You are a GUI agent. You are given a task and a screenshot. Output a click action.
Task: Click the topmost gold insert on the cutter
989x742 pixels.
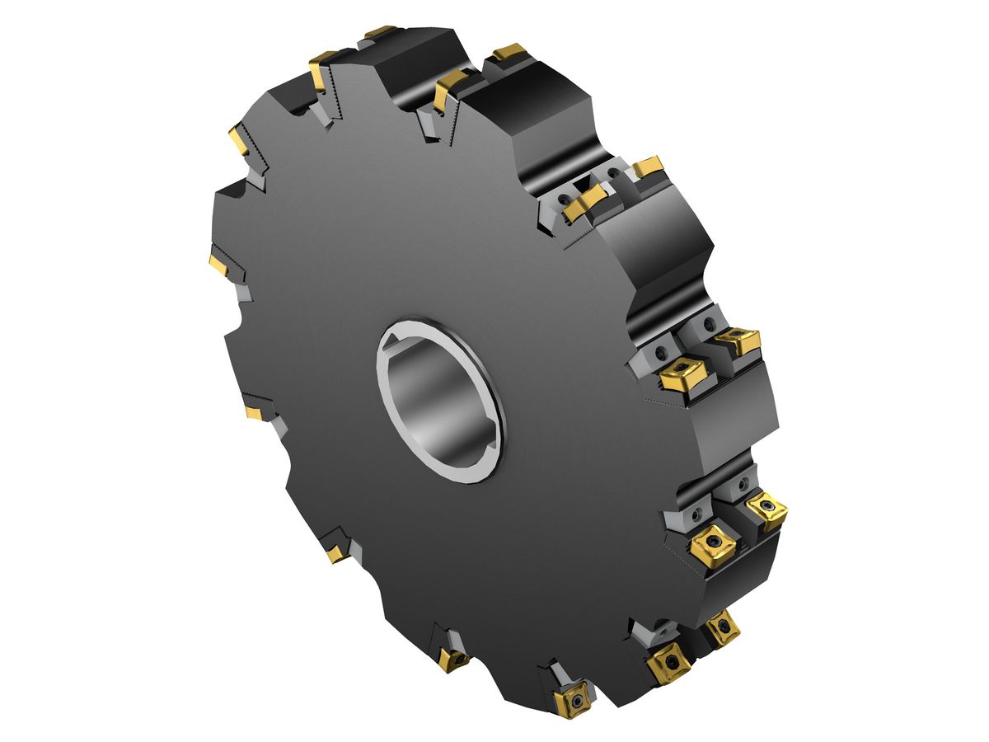(x=379, y=32)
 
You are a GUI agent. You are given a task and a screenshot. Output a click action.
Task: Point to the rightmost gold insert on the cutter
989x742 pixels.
(x=766, y=510)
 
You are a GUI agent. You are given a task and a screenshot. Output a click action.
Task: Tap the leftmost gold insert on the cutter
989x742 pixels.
(x=218, y=264)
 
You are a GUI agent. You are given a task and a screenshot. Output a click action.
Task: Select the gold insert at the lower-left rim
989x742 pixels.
(x=335, y=552)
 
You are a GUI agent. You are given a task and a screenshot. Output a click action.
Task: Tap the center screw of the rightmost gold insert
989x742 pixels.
(x=767, y=510)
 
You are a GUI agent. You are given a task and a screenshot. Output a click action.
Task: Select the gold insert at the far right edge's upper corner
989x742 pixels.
(x=738, y=339)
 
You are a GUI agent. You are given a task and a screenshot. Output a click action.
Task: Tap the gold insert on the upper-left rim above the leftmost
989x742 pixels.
(x=241, y=139)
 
